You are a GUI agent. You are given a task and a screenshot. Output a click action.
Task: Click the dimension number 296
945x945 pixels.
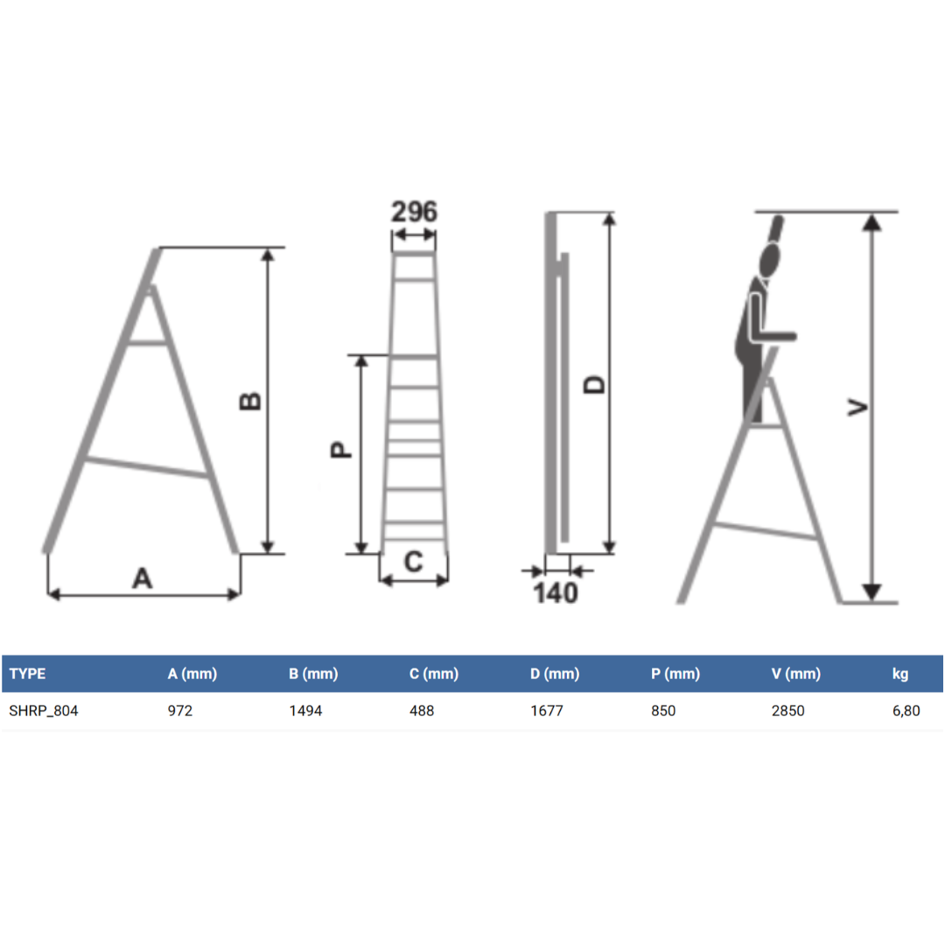click(x=414, y=212)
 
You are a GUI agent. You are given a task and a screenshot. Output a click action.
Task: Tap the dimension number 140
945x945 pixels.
click(x=556, y=593)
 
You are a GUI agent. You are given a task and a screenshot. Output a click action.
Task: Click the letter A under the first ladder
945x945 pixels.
click(x=143, y=578)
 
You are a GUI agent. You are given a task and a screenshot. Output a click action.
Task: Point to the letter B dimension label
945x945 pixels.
click(x=250, y=402)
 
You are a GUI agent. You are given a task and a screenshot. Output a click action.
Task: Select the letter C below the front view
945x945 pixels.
click(x=413, y=562)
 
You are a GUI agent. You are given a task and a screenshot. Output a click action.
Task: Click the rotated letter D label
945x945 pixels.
click(x=594, y=384)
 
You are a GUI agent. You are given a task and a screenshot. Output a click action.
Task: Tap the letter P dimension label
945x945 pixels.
click(x=341, y=450)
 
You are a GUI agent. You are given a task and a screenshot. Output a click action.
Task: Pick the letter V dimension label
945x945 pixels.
click(x=857, y=408)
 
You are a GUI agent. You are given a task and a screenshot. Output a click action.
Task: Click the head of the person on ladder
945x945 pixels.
click(x=770, y=260)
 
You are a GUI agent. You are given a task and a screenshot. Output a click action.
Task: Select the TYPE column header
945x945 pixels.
click(x=28, y=674)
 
